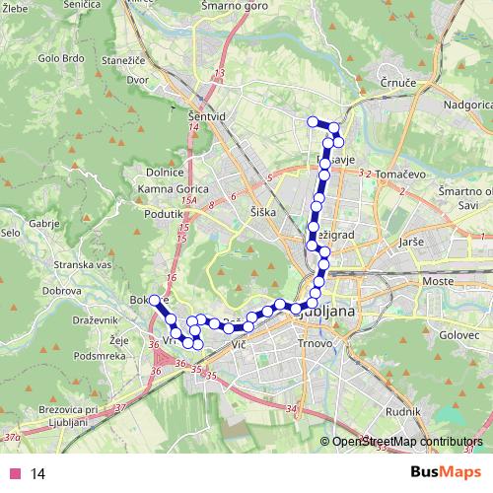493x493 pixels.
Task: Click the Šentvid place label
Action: click(205, 116)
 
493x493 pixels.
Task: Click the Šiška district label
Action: click(264, 212)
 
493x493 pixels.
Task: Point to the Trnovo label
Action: click(316, 344)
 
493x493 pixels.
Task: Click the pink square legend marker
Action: click(13, 473)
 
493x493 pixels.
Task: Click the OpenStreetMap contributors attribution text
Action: click(407, 443)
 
